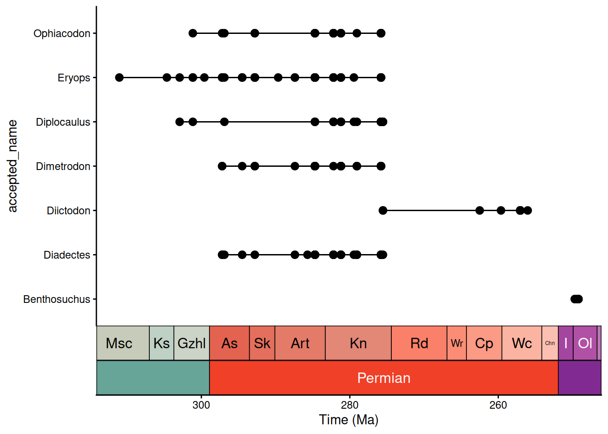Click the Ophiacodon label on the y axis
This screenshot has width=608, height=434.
point(62,33)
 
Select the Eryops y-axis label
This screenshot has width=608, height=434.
point(74,78)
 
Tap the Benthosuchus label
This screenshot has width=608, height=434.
point(57,299)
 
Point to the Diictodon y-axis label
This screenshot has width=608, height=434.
point(68,211)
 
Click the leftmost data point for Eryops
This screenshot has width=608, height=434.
point(119,78)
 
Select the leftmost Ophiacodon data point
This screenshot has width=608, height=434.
point(193,33)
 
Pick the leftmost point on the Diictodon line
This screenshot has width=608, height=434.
point(383,211)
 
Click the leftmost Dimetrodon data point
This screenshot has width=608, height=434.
point(222,166)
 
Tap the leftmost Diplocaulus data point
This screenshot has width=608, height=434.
point(180,122)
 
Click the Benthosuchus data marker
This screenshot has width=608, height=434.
point(577,299)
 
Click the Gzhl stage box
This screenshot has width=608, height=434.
point(191,343)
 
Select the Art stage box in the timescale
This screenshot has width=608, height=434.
point(300,343)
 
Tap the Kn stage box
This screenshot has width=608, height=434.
point(358,343)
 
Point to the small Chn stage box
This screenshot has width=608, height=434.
point(550,343)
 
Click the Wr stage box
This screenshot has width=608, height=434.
point(456,343)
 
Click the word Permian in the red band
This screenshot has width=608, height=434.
point(384,378)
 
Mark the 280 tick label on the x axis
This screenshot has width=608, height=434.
point(350,405)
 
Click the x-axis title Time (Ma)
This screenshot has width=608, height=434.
point(348,420)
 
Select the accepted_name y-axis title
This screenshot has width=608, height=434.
point(12,166)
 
